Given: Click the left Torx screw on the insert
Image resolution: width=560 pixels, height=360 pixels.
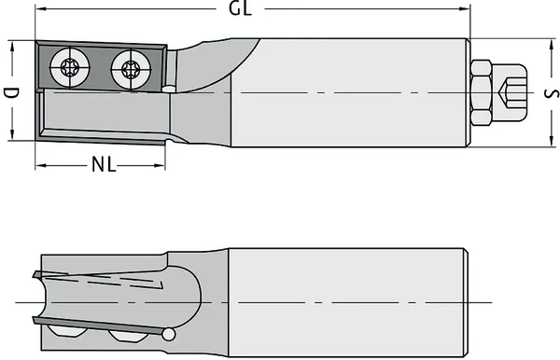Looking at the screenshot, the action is click(x=70, y=66).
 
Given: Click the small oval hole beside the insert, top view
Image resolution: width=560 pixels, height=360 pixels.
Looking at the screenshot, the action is click(x=169, y=88).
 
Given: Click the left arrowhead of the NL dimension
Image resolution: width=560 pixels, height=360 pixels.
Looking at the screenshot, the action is click(x=40, y=166).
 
